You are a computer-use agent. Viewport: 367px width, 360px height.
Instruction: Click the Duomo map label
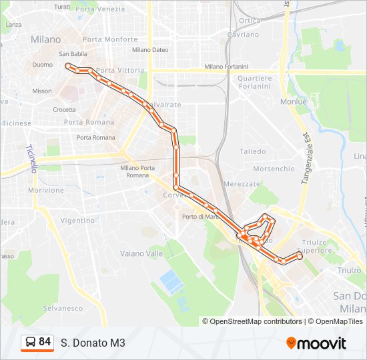(x=42, y=65)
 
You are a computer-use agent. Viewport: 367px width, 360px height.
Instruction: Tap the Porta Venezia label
(x=100, y=9)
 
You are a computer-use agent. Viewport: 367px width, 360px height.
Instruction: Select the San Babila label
(x=73, y=54)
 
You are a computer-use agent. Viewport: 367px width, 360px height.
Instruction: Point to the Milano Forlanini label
(x=226, y=67)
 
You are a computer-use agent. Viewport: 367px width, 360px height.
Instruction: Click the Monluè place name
(x=294, y=101)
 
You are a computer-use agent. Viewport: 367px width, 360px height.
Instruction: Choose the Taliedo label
(x=252, y=151)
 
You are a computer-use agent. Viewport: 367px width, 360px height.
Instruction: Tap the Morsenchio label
(x=274, y=169)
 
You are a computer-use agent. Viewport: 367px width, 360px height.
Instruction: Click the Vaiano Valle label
(x=141, y=253)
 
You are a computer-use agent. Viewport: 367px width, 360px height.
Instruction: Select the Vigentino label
(x=77, y=220)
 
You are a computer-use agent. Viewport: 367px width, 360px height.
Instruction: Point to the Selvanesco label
(x=63, y=308)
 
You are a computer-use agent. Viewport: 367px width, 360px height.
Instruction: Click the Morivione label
(x=45, y=190)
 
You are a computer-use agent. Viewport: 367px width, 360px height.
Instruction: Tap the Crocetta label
(x=65, y=109)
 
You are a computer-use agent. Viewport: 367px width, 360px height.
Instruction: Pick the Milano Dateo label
(x=150, y=49)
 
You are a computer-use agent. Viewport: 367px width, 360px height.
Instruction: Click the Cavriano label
(x=243, y=34)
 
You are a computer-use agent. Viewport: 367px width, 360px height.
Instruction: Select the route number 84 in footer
(x=45, y=342)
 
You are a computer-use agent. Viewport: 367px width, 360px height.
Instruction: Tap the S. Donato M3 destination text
(x=93, y=343)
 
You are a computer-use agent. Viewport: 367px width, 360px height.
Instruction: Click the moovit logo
(x=316, y=343)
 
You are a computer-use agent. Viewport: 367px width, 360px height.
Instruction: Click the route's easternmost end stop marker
(x=300, y=256)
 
